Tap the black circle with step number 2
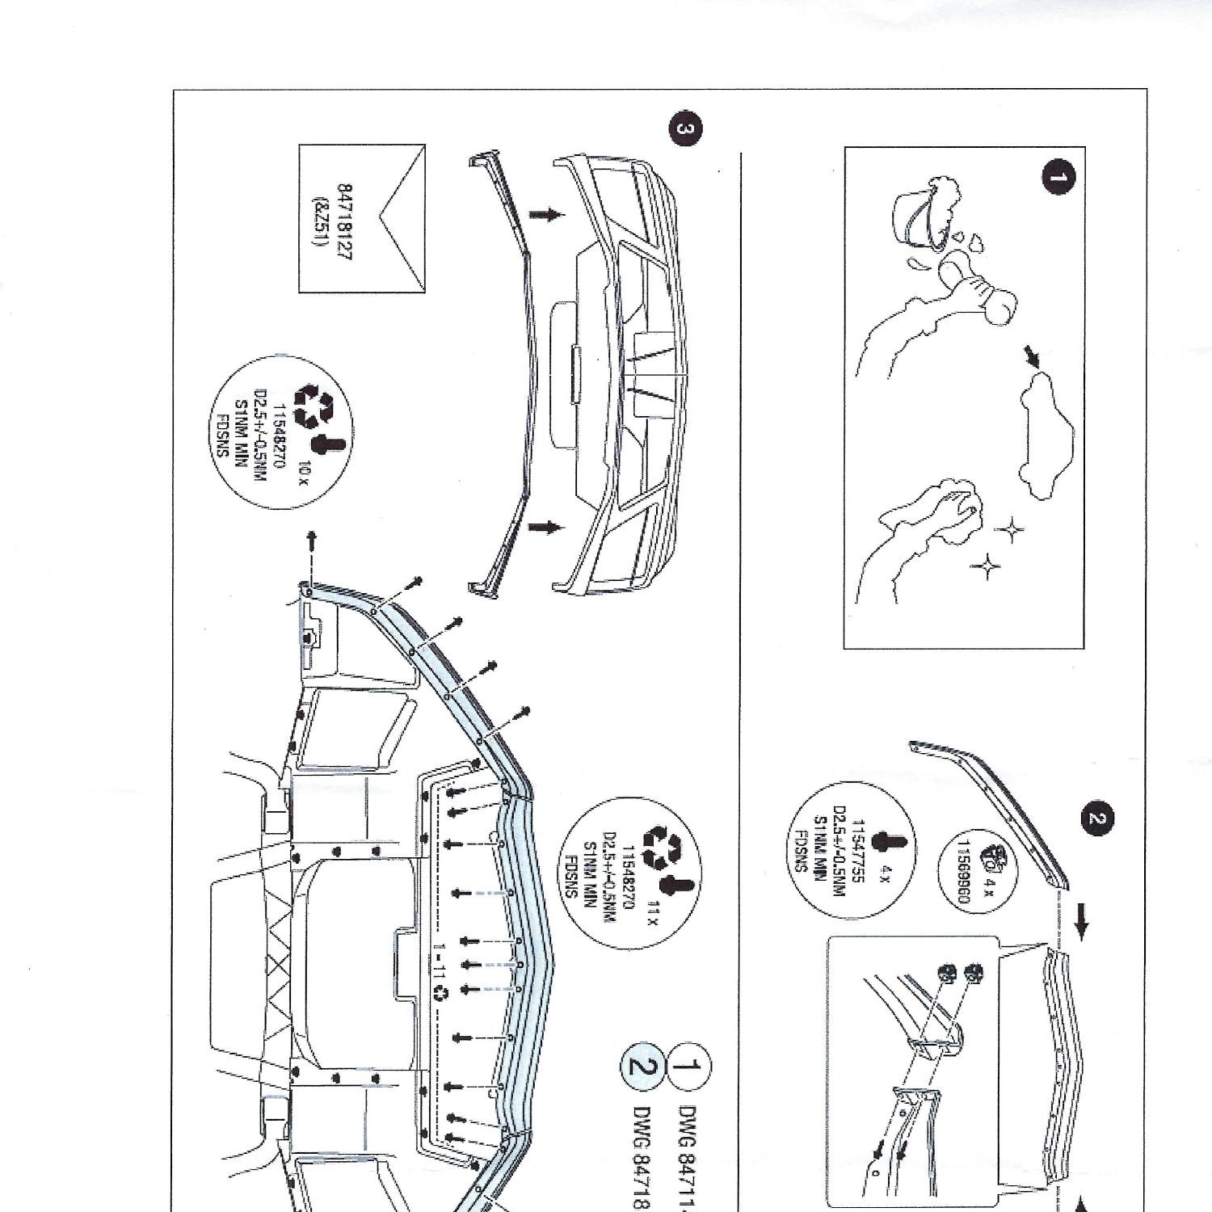pos(1096,818)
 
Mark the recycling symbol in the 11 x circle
pos(661,845)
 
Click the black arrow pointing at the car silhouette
pos(1032,356)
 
